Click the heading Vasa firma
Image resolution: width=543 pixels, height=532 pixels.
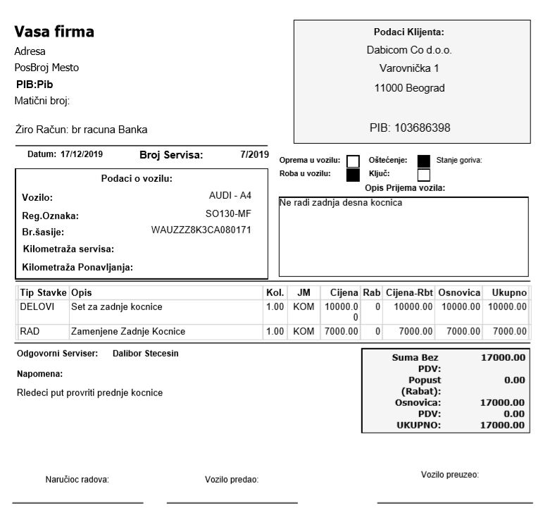pyautogui.click(x=54, y=32)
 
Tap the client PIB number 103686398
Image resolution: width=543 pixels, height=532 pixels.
pyautogui.click(x=408, y=128)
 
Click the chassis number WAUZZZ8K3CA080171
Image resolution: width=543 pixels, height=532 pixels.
pyautogui.click(x=201, y=230)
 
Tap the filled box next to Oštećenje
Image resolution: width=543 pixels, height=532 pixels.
pyautogui.click(x=424, y=161)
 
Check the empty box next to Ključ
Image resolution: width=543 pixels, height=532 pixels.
pyautogui.click(x=424, y=174)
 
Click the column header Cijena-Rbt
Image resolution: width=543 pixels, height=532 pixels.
pyautogui.click(x=409, y=292)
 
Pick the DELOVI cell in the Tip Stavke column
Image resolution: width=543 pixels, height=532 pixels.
pyautogui.click(x=32, y=307)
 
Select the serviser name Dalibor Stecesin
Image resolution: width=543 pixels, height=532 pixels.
pyautogui.click(x=145, y=353)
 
